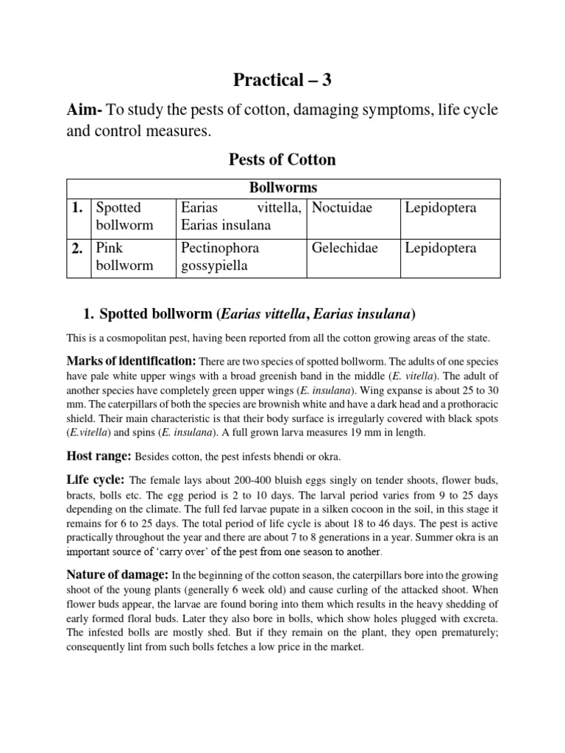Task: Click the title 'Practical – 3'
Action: click(282, 80)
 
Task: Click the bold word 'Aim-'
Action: click(85, 111)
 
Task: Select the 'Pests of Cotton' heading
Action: click(282, 160)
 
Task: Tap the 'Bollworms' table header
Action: click(282, 188)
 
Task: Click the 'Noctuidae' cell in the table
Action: click(342, 208)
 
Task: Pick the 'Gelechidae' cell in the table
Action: click(344, 249)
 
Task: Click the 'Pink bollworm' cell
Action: click(124, 257)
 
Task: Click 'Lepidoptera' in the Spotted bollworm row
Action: click(441, 208)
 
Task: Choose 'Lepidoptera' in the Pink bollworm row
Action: click(441, 249)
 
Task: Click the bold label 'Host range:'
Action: click(98, 457)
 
